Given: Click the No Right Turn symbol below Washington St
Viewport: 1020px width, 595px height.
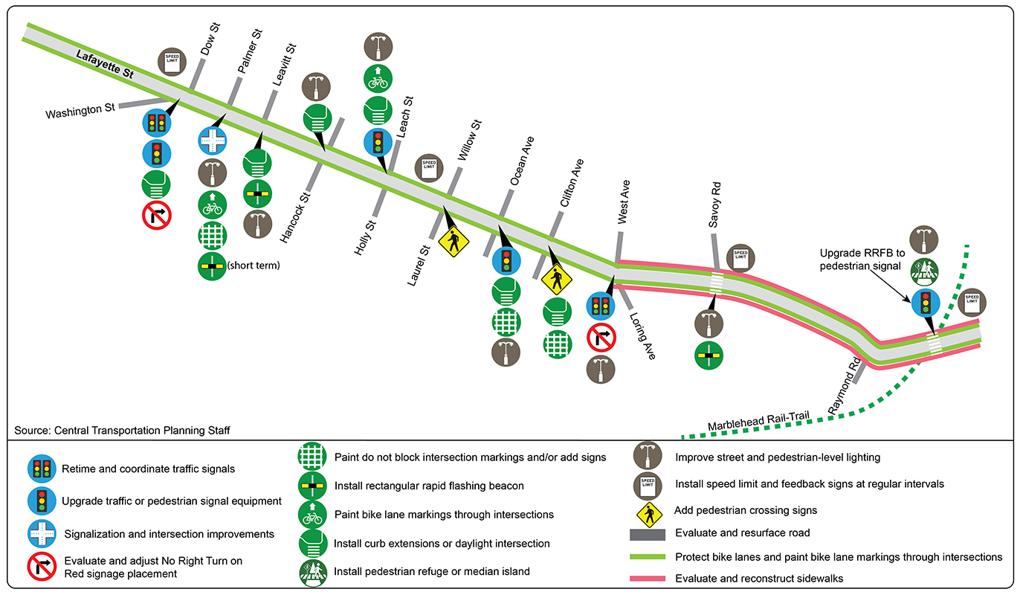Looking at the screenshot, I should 157,216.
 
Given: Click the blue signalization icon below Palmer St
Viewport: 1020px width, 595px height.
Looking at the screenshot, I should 213,141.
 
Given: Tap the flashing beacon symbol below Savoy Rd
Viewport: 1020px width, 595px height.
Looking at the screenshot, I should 709,356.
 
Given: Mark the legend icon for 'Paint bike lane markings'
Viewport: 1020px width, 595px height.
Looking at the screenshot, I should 312,514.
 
